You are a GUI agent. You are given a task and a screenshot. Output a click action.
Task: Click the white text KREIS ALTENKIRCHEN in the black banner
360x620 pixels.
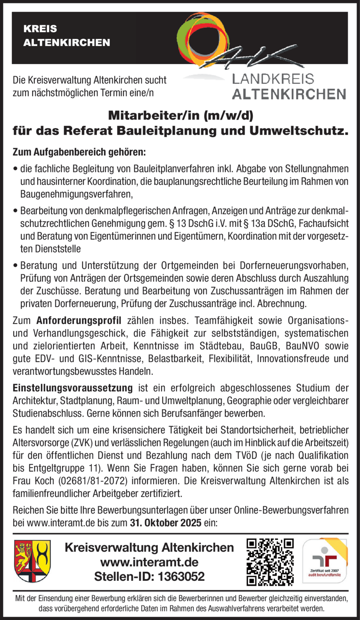tap(67, 36)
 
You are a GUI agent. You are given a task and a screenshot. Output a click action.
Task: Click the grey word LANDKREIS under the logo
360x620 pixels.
tap(273, 79)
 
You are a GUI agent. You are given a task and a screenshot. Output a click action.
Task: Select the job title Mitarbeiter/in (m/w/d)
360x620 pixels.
tap(180, 114)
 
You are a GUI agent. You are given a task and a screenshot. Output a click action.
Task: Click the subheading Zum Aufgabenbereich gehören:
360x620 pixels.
tap(79, 153)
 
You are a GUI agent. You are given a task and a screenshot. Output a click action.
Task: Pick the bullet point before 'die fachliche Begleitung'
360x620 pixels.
tap(16, 169)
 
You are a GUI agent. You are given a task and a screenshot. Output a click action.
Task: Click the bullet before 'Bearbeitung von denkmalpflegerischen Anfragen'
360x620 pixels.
tap(16, 211)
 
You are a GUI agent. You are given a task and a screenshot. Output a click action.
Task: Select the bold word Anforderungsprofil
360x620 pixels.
tap(79, 321)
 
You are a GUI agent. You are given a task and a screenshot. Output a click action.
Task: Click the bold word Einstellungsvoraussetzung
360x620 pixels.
tap(73, 388)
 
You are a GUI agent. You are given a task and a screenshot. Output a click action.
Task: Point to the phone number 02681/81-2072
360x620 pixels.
tap(91, 481)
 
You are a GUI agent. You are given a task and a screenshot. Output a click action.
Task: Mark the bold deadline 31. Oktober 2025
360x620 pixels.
tap(166, 523)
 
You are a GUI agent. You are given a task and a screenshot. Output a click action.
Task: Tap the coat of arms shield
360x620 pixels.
tap(33, 561)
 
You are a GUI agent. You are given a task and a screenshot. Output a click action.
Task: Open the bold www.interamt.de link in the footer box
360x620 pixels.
tap(149, 562)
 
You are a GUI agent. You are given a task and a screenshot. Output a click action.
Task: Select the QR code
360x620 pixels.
tap(270, 562)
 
